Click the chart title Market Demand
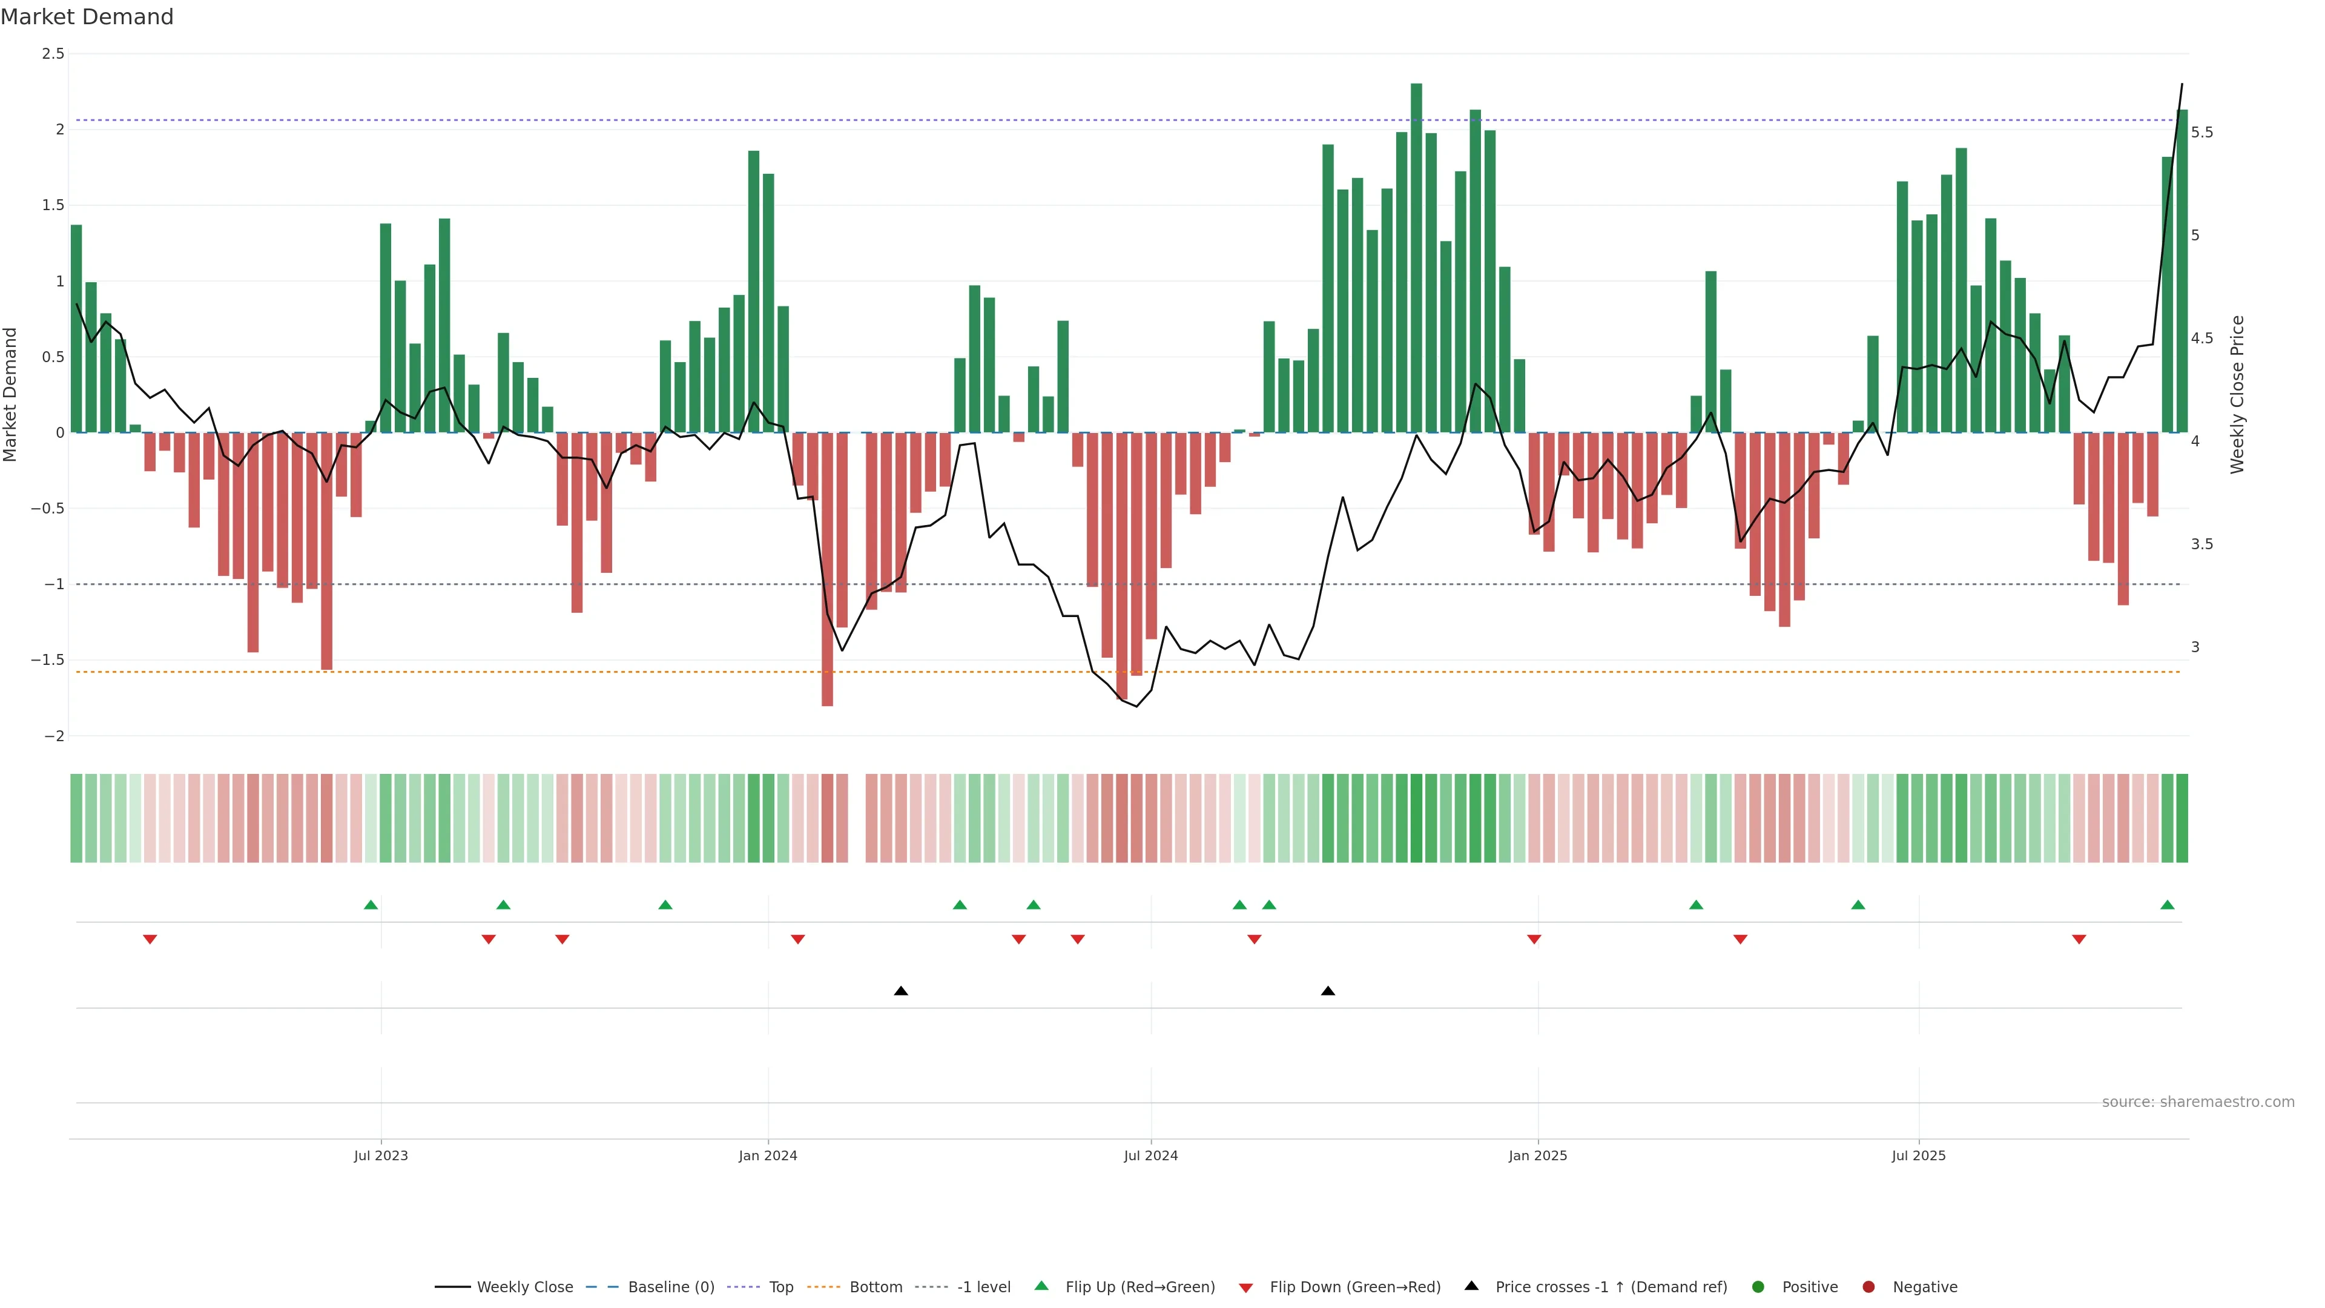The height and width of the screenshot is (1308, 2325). tap(87, 17)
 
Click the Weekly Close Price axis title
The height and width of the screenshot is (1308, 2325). tap(2237, 394)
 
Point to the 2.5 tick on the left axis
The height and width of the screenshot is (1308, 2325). tap(53, 54)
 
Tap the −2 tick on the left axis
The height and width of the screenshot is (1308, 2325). tap(53, 736)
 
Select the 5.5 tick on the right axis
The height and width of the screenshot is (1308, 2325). tap(2201, 133)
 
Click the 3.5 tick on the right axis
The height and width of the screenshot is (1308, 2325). tap(2201, 544)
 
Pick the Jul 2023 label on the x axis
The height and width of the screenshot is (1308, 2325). tap(381, 1155)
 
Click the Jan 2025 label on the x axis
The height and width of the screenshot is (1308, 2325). tap(1538, 1155)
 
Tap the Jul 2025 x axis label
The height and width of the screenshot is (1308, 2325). tap(1919, 1155)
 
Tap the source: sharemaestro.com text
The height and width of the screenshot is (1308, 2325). tap(2198, 1102)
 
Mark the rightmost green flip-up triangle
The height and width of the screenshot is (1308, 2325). tap(2167, 905)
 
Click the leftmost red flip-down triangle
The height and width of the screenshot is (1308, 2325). tap(150, 940)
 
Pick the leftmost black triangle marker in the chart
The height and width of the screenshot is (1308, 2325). tap(901, 991)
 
